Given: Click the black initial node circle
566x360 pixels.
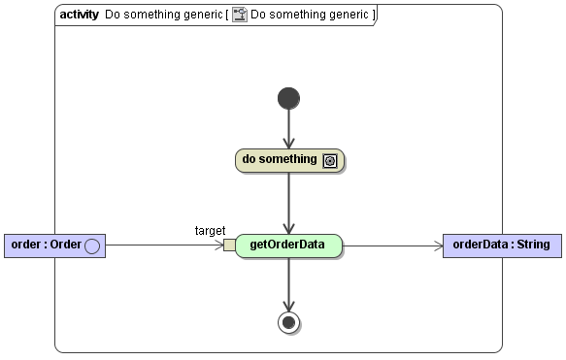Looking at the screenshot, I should (288, 98).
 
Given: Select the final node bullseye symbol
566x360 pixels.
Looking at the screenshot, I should (288, 322).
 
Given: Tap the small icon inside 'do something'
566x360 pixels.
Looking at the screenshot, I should (330, 161).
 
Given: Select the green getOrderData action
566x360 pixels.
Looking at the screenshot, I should (288, 245).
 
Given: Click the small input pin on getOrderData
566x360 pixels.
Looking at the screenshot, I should (229, 245).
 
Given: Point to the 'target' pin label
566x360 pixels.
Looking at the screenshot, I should (210, 230).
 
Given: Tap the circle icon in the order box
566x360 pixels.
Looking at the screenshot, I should (91, 245).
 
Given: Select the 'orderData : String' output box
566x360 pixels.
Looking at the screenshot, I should (501, 245).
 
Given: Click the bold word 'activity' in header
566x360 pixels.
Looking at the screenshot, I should (79, 15).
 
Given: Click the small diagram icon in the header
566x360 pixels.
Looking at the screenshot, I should (240, 15).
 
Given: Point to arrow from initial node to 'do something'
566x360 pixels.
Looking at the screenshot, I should (288, 129).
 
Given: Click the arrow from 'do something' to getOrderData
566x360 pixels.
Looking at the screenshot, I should (288, 202).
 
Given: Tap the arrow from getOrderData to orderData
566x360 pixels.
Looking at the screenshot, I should (392, 245).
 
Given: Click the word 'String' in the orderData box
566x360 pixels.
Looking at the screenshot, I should (532, 245).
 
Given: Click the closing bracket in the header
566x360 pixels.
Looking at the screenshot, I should (374, 15).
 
